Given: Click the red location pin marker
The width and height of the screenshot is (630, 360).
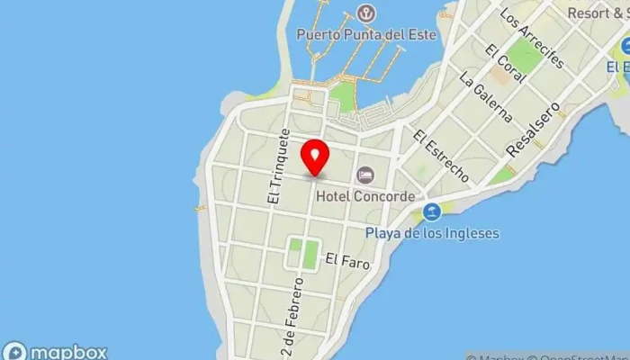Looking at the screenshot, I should [314, 158].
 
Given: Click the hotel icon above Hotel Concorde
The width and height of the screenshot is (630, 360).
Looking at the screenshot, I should [366, 174].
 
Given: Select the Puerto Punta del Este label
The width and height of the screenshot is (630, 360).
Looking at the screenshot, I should [366, 35].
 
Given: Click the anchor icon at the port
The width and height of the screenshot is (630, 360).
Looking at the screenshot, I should [365, 13].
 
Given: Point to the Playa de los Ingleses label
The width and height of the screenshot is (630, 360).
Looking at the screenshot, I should [431, 233].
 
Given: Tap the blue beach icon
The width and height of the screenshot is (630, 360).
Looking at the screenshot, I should [432, 212].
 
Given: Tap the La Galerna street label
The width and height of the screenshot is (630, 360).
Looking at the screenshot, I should [486, 100].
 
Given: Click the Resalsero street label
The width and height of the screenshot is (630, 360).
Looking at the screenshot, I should [533, 130].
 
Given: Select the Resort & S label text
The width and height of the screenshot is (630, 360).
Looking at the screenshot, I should [598, 13].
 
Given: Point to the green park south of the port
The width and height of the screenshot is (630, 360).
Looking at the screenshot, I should [342, 96].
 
